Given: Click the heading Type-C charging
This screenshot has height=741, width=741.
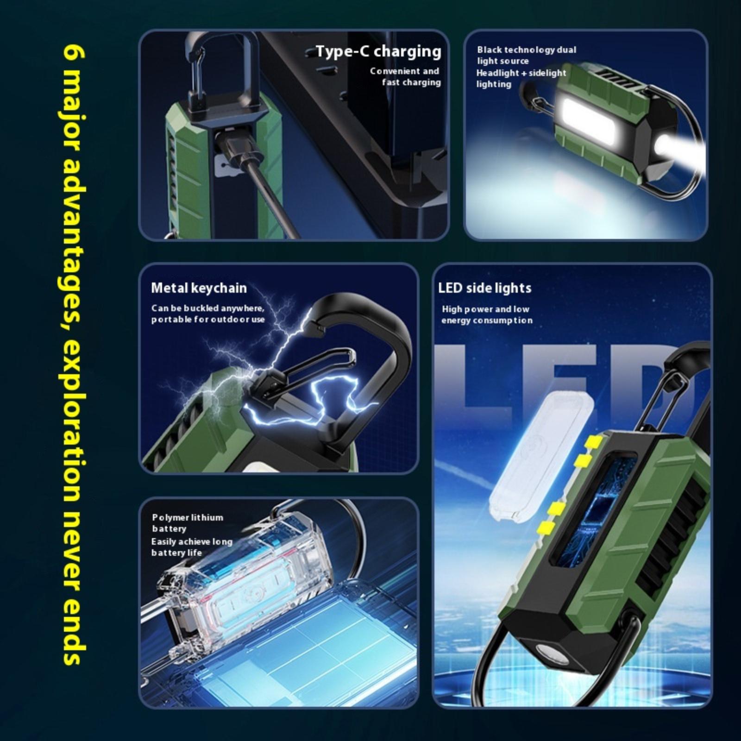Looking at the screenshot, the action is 378,52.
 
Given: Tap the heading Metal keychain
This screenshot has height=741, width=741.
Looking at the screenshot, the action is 199,288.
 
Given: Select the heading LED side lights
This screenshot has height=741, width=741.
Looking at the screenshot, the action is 484,288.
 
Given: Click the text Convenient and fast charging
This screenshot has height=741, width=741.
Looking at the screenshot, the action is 405,77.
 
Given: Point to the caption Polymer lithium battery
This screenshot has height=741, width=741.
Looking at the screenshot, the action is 188,523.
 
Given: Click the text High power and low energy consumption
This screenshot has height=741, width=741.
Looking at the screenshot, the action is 487,315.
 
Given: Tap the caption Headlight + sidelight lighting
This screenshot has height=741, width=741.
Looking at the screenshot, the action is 521,78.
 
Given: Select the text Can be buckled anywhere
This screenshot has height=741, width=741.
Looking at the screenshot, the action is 207,308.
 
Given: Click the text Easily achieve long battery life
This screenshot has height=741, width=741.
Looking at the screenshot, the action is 192,547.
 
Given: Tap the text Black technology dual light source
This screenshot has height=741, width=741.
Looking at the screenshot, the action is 527,55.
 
